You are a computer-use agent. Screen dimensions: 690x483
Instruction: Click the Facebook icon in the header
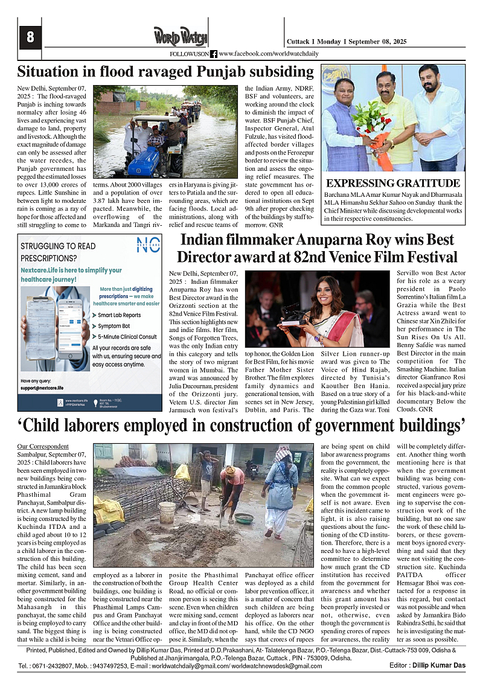click(214, 54)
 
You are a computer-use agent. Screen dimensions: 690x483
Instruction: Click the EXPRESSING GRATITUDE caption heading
click(393, 184)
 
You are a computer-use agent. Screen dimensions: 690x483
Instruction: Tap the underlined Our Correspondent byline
click(43, 446)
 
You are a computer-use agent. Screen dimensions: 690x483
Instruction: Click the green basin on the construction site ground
click(244, 518)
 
